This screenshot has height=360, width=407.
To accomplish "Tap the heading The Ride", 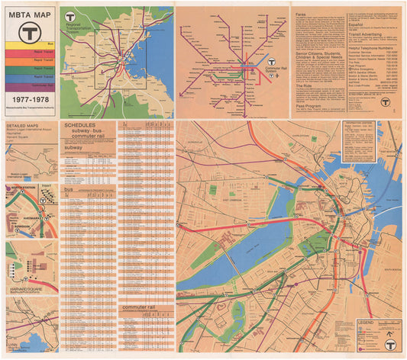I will click(x=305, y=85).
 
